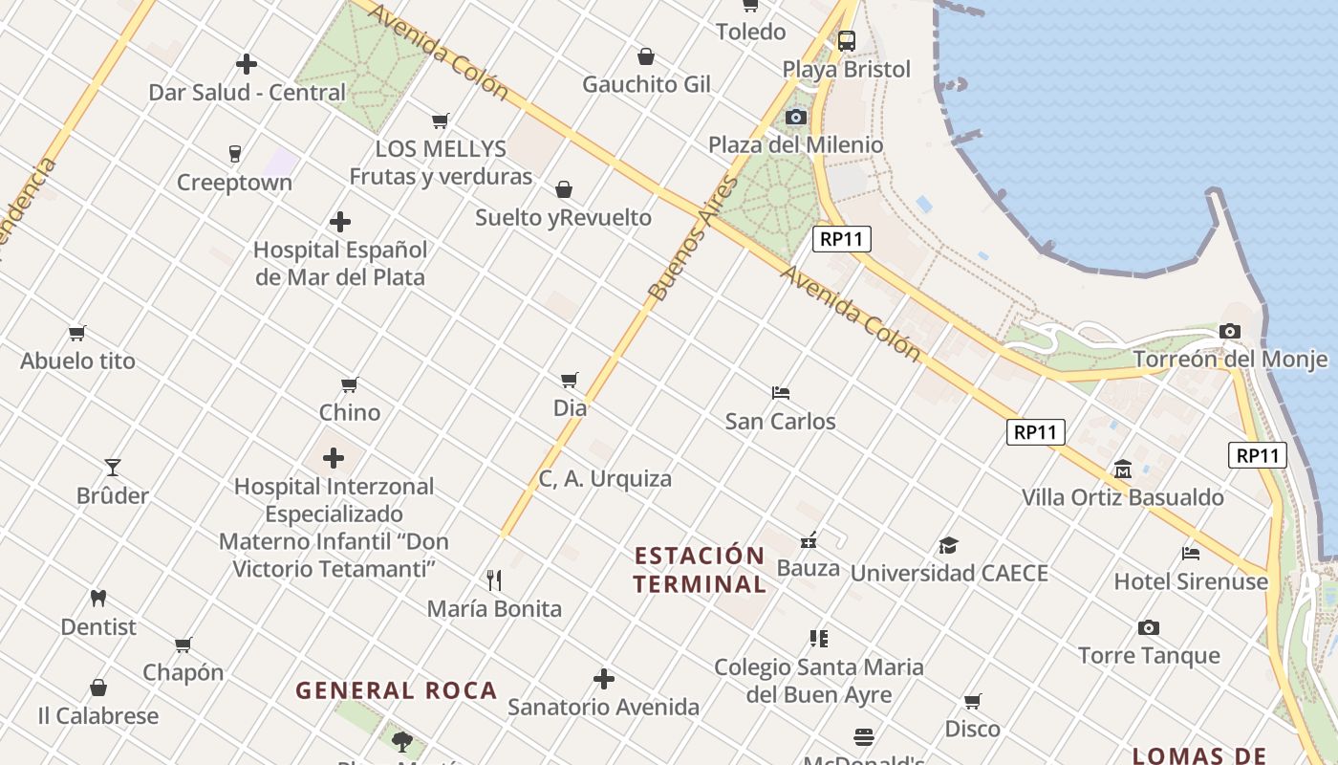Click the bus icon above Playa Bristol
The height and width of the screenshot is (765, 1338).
[846, 41]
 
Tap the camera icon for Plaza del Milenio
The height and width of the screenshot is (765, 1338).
[795, 117]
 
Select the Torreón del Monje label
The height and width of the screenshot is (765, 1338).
[1230, 360]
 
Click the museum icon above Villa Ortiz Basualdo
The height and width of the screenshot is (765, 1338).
[1123, 470]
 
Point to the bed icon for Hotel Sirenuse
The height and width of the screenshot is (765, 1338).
[1191, 553]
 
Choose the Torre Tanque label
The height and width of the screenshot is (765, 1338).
[1149, 655]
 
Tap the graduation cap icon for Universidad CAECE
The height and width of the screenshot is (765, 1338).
[948, 545]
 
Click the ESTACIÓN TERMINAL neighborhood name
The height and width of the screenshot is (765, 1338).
[700, 570]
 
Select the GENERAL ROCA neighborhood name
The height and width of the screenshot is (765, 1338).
[397, 690]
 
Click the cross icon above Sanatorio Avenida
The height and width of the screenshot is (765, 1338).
[604, 679]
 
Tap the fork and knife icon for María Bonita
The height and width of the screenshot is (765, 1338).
[494, 580]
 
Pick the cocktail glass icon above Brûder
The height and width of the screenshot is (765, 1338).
[113, 468]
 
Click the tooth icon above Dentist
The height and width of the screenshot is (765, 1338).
[97, 599]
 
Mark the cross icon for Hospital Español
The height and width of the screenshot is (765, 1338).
[340, 222]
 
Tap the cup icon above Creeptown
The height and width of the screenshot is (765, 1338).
[234, 153]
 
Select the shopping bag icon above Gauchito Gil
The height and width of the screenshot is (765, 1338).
[646, 56]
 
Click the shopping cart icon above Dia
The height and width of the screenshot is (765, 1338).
[570, 380]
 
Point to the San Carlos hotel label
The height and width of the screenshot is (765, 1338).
[780, 421]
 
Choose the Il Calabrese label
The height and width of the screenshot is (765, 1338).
[97, 715]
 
